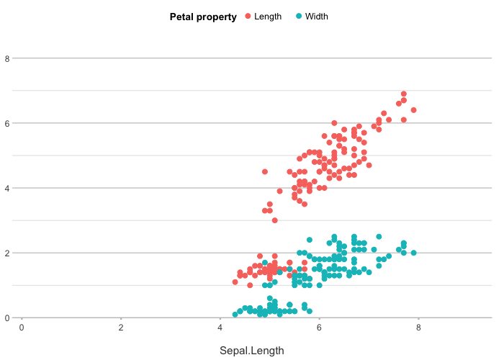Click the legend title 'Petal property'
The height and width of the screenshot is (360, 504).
coord(203,17)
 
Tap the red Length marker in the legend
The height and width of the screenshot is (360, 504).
coord(248,17)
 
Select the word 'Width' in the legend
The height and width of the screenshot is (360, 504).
coord(317,17)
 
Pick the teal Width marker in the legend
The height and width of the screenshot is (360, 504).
coord(299,17)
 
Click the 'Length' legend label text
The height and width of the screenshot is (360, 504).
coord(268,17)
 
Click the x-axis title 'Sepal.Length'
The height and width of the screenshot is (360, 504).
coord(252,351)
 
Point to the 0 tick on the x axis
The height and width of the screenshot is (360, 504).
coord(22,328)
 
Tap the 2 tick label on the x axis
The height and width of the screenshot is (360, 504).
coord(121,328)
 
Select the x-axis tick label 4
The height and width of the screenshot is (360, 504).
coord(220,328)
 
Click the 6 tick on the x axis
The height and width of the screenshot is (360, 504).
coord(320,328)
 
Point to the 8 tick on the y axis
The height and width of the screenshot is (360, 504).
coord(7,58)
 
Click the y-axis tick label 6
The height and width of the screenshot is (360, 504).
coord(7,123)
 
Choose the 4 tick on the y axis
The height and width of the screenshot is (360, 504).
coord(7,188)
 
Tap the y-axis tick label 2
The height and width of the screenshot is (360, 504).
coord(7,253)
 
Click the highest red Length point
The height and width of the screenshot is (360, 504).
coord(404,94)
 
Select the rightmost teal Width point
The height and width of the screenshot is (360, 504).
coord(413,253)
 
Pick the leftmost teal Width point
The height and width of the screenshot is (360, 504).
coord(235,315)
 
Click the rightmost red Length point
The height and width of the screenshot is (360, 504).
coord(413,110)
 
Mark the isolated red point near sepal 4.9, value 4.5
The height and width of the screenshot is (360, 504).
coord(265,171)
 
